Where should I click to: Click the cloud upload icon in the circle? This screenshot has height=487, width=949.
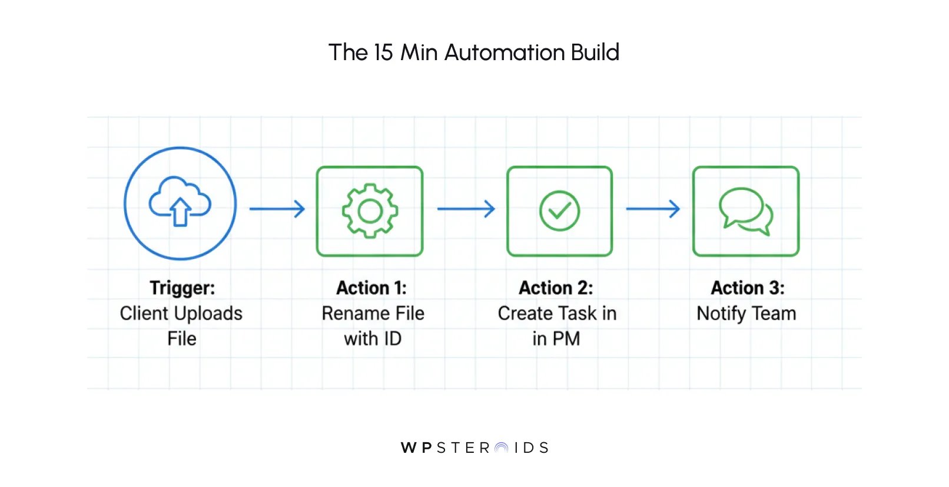(x=180, y=202)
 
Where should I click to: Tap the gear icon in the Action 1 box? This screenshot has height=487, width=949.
(x=370, y=210)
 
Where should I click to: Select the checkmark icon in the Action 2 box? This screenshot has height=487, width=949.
(x=559, y=210)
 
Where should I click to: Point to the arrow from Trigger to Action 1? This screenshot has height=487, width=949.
(x=277, y=209)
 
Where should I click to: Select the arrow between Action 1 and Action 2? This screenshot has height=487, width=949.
(x=466, y=209)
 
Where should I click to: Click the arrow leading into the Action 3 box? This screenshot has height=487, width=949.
(x=653, y=209)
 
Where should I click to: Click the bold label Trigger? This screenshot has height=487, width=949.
(x=182, y=288)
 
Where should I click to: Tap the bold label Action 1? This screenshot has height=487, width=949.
(x=371, y=288)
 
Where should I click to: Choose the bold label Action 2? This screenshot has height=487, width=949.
(x=556, y=288)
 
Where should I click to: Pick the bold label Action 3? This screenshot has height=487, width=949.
(x=748, y=288)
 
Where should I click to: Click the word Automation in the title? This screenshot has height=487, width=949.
(x=505, y=52)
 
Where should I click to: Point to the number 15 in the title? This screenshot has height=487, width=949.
(x=383, y=52)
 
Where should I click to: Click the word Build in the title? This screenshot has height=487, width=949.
(x=595, y=52)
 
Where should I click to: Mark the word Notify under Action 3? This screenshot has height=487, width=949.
(x=721, y=314)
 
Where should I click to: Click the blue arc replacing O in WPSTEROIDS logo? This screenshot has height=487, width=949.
(x=502, y=448)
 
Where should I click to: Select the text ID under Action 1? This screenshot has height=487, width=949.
(x=392, y=339)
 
